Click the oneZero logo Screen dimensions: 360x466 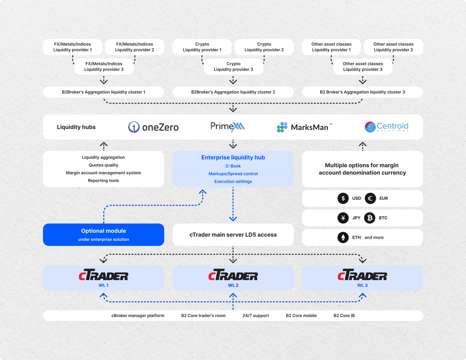[x=153, y=127]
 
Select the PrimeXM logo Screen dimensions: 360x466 [x=228, y=127]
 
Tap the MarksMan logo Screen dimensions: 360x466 [x=304, y=127]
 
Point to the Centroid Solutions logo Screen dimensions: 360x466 [x=386, y=127]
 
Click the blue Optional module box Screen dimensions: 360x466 [x=103, y=235]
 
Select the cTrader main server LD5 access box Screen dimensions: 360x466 [x=233, y=235]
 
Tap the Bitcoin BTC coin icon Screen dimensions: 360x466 [x=370, y=218]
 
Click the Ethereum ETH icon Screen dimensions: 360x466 [x=343, y=237]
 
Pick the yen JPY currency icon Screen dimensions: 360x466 [x=343, y=218]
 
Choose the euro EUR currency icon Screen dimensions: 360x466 [x=370, y=198]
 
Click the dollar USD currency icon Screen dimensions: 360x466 [x=343, y=198]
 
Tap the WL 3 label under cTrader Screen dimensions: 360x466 [x=362, y=285]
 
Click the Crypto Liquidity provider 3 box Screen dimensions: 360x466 [x=233, y=66]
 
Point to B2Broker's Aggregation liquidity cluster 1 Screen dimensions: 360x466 [x=103, y=92]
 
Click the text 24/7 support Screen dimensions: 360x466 [x=255, y=316]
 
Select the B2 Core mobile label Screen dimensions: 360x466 [x=301, y=316]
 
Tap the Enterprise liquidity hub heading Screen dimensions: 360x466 [x=233, y=158]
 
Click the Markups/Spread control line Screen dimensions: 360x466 [x=233, y=174]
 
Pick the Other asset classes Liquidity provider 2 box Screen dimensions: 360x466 [x=393, y=47]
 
